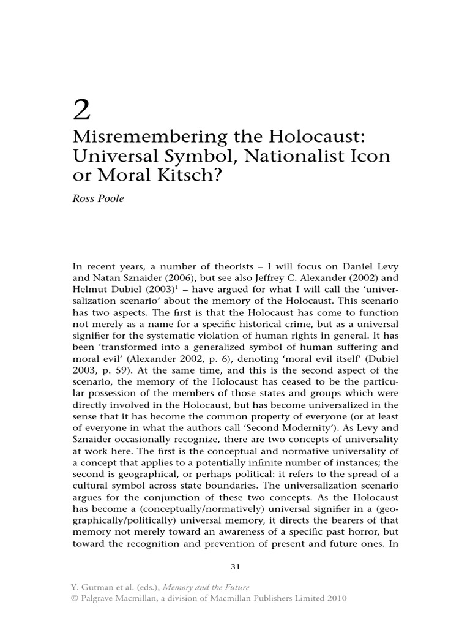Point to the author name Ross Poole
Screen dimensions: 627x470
[99, 199]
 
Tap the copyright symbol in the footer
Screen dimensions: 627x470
[76, 599]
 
